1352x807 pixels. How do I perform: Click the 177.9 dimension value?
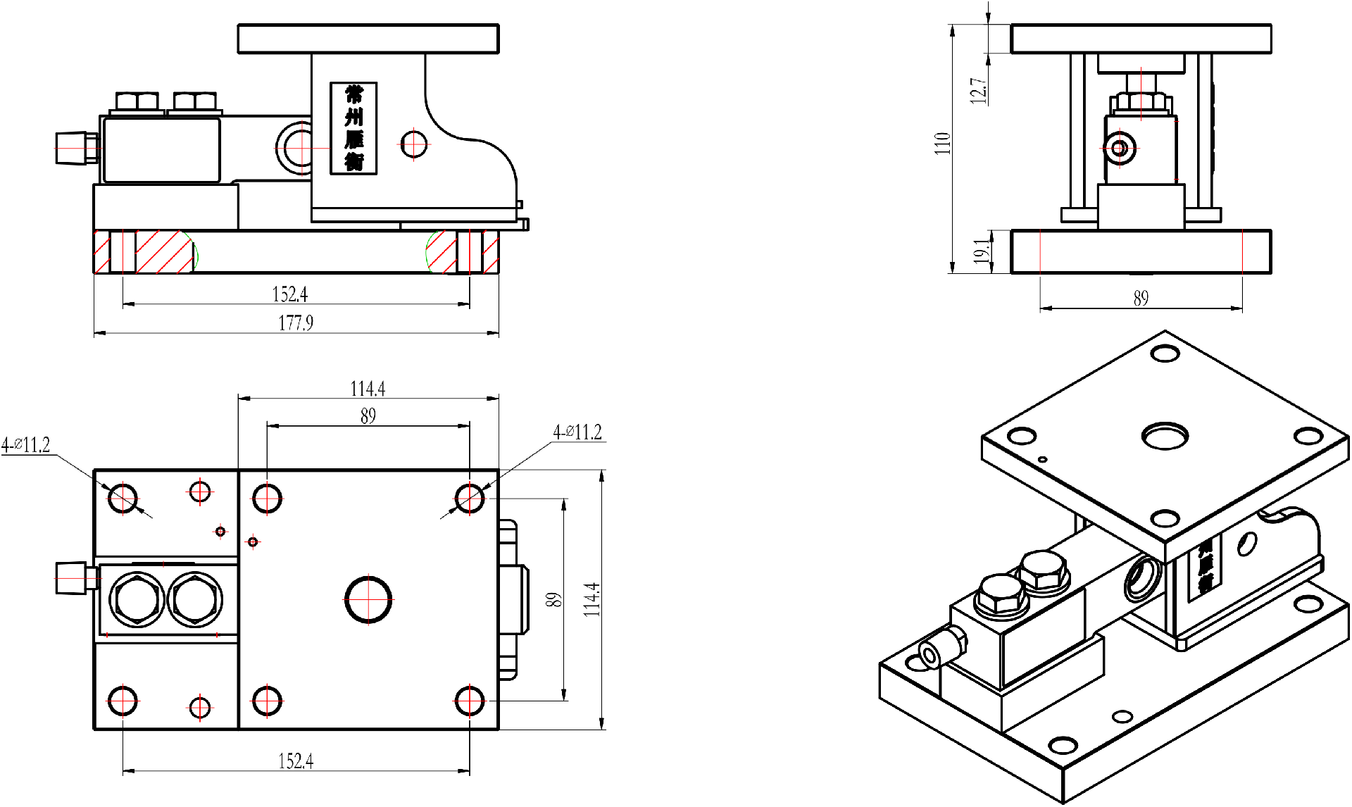click(x=296, y=323)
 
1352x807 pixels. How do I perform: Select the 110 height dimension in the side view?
click(x=942, y=143)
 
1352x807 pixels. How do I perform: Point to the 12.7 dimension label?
click(x=978, y=91)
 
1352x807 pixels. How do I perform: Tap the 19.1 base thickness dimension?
click(x=982, y=251)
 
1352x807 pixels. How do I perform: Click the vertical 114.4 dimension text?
click(x=592, y=600)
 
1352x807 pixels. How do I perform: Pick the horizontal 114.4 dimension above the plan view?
click(x=368, y=389)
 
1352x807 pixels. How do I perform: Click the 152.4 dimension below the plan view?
click(x=296, y=761)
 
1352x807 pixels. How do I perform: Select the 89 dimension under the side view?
click(x=1141, y=299)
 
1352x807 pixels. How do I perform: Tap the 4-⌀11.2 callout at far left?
click(x=26, y=445)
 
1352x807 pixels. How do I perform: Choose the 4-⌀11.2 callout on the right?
click(x=577, y=432)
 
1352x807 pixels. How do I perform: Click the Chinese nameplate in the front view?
click(x=353, y=128)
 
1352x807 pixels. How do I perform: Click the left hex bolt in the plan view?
click(x=137, y=599)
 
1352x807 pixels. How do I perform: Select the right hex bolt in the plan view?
click(x=195, y=599)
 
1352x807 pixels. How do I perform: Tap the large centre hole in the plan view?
click(x=368, y=599)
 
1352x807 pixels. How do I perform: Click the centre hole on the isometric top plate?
click(x=1165, y=436)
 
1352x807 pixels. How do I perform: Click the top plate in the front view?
click(x=368, y=39)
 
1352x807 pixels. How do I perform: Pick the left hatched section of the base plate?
click(x=163, y=251)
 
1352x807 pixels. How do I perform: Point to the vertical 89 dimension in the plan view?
click(x=554, y=600)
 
